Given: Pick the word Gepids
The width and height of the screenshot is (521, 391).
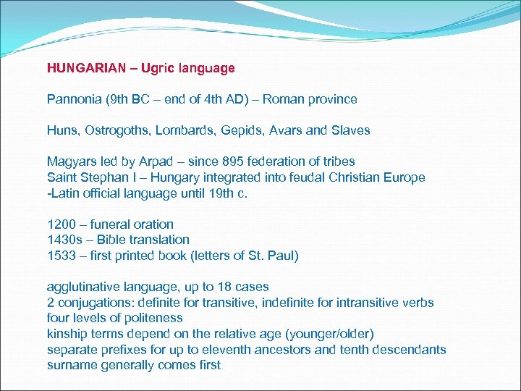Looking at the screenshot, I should pos(235,130).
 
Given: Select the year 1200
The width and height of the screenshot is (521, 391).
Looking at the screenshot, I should pos(61,224).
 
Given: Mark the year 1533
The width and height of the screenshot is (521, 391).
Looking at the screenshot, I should pos(61,256).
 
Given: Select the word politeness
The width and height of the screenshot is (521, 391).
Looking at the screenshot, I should pos(154,318).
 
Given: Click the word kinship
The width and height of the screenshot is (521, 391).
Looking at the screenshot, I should pos(67,334).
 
